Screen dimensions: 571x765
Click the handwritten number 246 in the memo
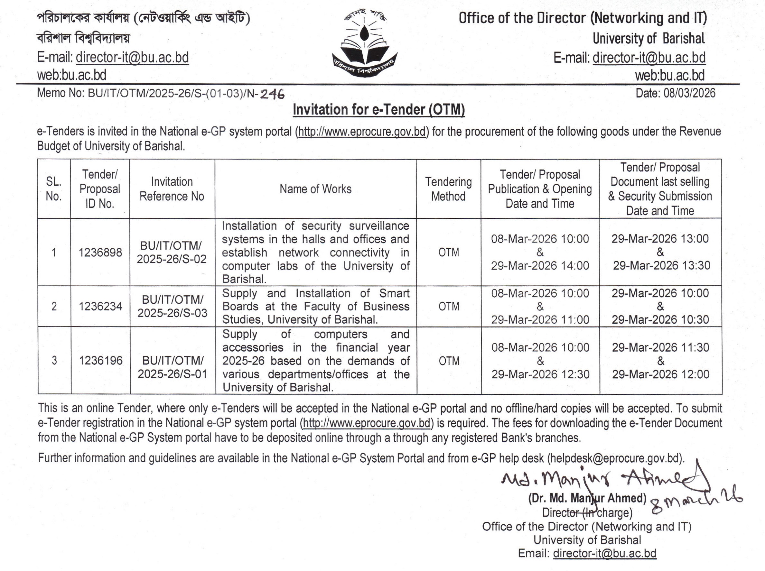pos(272,94)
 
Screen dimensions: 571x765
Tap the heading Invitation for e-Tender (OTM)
pos(379,110)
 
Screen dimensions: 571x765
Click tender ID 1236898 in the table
pos(100,253)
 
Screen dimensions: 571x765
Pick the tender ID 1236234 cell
pos(100,307)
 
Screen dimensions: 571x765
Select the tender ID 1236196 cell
pos(101,361)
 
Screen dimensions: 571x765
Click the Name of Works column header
pos(315,189)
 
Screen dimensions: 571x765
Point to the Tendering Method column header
pos(448,189)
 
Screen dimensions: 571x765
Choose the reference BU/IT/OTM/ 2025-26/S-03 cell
pos(172,307)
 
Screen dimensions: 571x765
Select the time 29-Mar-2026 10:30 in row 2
pos(660,320)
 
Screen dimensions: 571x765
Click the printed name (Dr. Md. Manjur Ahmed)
pos(587,498)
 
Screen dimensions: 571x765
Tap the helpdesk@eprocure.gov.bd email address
pos(615,458)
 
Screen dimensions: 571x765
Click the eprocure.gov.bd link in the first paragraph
pos(362,132)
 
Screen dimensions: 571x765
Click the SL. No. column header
pos(54,189)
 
